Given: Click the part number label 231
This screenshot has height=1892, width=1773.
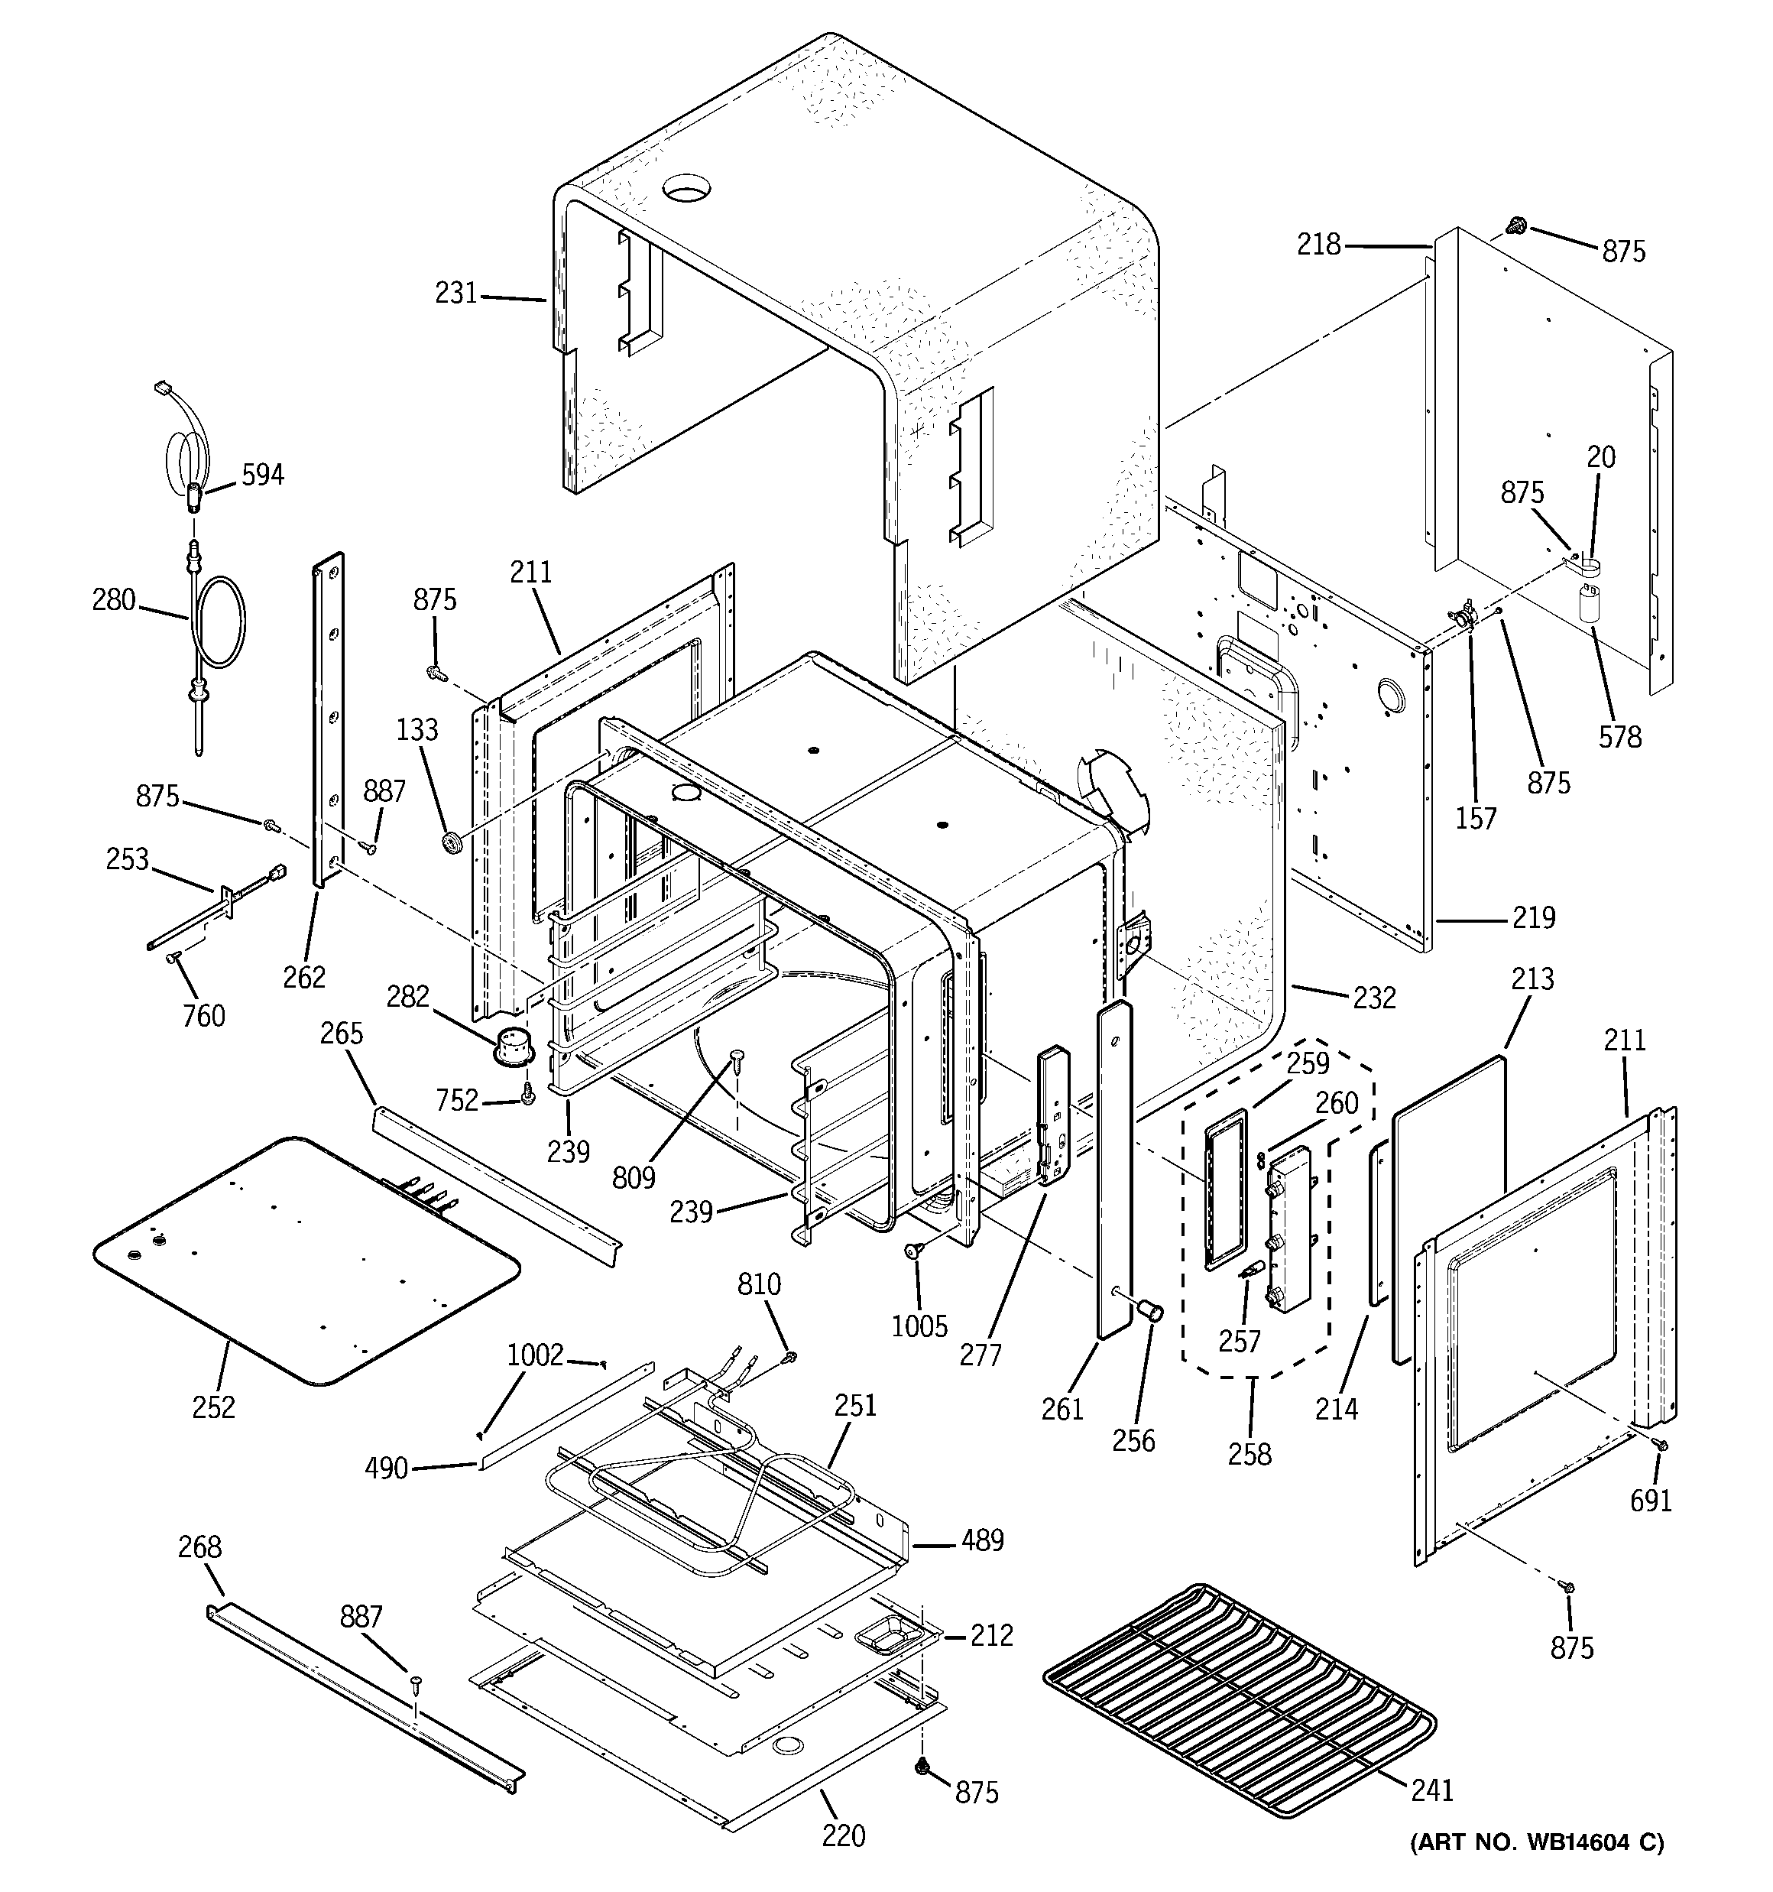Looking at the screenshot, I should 456,293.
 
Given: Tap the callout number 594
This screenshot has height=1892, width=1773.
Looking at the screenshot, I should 263,474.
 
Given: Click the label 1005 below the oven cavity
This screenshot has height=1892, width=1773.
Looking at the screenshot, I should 919,1325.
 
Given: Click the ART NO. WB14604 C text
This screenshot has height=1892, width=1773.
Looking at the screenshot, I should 1536,1868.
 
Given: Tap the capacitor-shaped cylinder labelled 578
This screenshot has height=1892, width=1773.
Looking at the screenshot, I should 1590,605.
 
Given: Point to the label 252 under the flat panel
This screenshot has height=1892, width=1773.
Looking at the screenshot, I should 213,1407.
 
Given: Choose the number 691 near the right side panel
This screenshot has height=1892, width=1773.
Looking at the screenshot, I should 1650,1500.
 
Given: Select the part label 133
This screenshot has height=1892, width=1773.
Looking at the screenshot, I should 417,730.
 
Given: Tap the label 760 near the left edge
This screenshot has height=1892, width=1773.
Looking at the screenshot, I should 203,1015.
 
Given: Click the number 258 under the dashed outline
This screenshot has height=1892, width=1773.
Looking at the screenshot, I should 1250,1453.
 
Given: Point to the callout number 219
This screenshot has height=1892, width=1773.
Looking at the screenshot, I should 1533,917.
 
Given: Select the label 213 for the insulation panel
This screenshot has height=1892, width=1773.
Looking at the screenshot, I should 1532,978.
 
